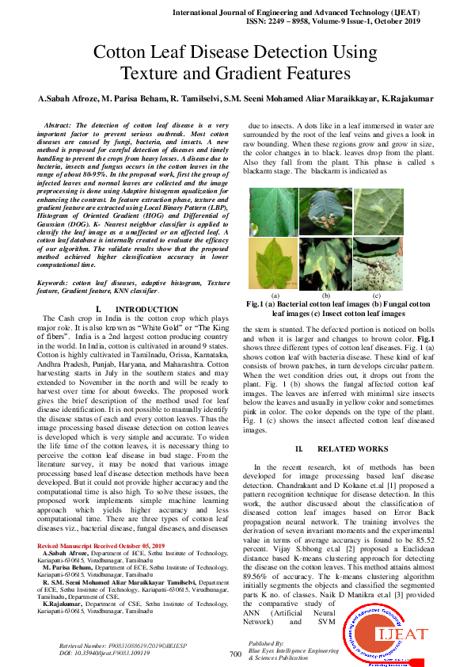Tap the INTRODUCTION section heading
click(x=135, y=309)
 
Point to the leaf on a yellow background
click(x=272, y=265)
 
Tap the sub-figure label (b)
click(x=325, y=295)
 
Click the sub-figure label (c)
click(x=377, y=295)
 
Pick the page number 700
click(x=234, y=654)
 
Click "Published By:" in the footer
click(x=264, y=643)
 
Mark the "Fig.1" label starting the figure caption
click(x=255, y=304)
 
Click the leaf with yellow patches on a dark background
click(x=325, y=265)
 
